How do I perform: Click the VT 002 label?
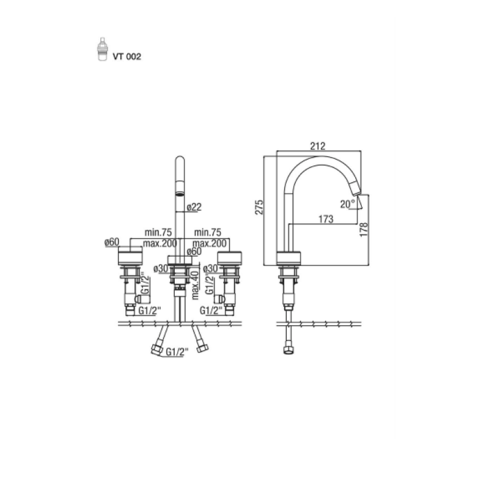click(127, 57)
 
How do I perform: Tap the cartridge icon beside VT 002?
click(102, 50)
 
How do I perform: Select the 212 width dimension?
click(318, 146)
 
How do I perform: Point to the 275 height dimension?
click(259, 207)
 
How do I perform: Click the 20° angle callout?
click(347, 204)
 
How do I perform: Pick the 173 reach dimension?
click(326, 219)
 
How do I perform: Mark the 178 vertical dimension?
click(364, 230)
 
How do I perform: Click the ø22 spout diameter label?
click(194, 207)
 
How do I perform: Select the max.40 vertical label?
click(195, 285)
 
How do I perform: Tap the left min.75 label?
click(158, 232)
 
